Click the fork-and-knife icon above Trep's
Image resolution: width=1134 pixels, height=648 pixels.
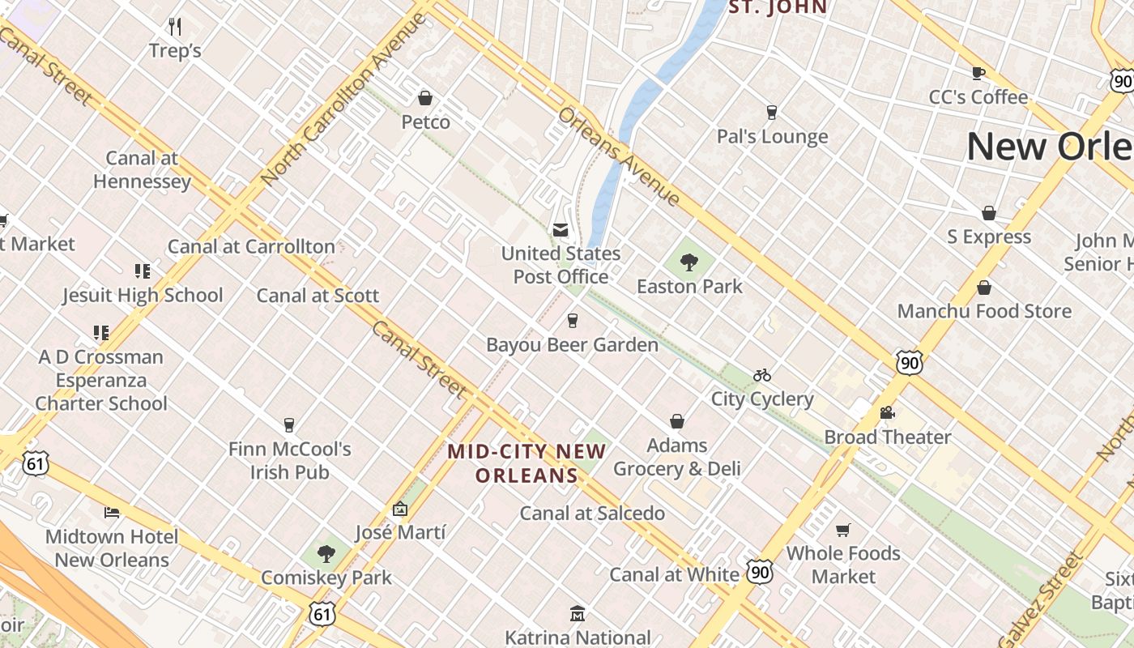pyautogui.click(x=175, y=27)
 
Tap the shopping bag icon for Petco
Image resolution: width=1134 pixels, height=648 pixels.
pyautogui.click(x=425, y=99)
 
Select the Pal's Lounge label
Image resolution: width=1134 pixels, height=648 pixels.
pyautogui.click(x=772, y=136)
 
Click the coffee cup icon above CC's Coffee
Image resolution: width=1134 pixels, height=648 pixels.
pyautogui.click(x=978, y=74)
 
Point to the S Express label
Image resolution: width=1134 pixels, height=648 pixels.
pyautogui.click(x=989, y=237)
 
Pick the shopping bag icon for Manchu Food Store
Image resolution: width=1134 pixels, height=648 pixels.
pyautogui.click(x=984, y=288)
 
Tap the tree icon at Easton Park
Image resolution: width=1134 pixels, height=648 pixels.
pyautogui.click(x=689, y=262)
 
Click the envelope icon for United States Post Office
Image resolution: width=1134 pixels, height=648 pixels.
pyautogui.click(x=560, y=230)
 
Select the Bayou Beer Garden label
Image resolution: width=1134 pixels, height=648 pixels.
pyautogui.click(x=572, y=345)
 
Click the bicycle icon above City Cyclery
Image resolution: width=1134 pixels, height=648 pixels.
pyautogui.click(x=762, y=375)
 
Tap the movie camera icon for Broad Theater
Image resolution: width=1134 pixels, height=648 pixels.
pyautogui.click(x=887, y=413)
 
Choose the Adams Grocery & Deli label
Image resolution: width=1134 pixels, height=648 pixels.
pyautogui.click(x=677, y=457)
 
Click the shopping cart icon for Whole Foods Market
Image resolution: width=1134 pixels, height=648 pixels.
pyautogui.click(x=843, y=530)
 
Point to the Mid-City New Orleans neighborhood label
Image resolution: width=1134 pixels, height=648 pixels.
pyautogui.click(x=526, y=463)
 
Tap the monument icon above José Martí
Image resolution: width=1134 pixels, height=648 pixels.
pyautogui.click(x=399, y=509)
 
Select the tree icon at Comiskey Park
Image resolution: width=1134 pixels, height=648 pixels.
pyautogui.click(x=326, y=554)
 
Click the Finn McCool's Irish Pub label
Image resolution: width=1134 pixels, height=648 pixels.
pyautogui.click(x=289, y=460)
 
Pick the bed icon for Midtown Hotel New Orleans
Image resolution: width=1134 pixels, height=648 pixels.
pyautogui.click(x=112, y=513)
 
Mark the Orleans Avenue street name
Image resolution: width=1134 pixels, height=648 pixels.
pyautogui.click(x=619, y=156)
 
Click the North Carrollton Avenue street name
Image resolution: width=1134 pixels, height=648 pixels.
pyautogui.click(x=343, y=99)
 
